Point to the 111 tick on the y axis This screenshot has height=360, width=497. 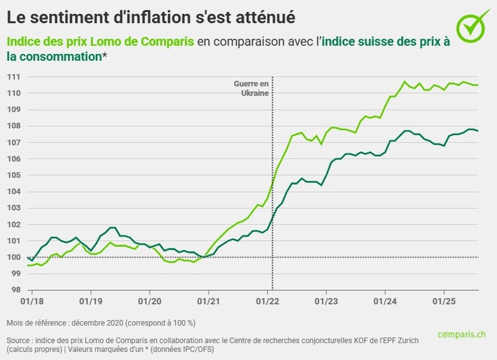pos(14,76)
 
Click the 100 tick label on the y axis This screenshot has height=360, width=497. pos(14,257)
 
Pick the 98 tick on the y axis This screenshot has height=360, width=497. pos(14,290)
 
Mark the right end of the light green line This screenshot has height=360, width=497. pos(477,85)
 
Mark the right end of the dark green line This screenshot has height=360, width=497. pos(477,131)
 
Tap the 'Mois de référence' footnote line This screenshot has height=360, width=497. pos(101,323)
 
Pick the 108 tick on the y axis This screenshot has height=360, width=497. pos(14,126)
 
